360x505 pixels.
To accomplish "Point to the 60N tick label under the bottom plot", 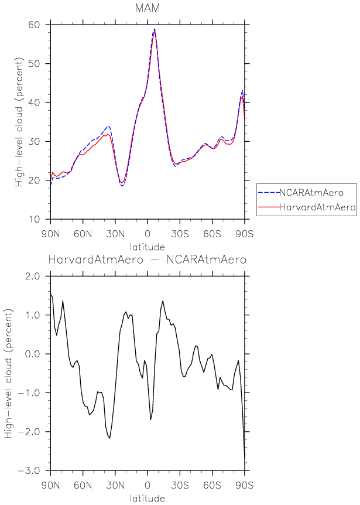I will [x=83, y=486].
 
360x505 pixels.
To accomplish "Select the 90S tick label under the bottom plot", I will [x=244, y=486].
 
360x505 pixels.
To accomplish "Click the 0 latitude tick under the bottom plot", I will [x=148, y=486].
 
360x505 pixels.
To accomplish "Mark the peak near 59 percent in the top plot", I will [x=155, y=29].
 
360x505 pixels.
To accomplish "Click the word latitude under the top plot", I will [x=147, y=247].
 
